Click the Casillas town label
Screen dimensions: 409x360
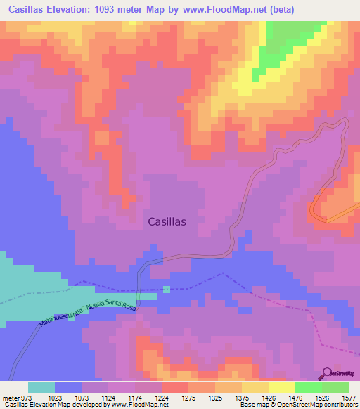167,221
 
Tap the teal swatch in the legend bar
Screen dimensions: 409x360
41,388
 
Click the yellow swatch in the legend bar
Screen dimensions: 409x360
281,388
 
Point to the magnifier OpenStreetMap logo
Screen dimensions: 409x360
327,372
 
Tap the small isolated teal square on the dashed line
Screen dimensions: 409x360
167,289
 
